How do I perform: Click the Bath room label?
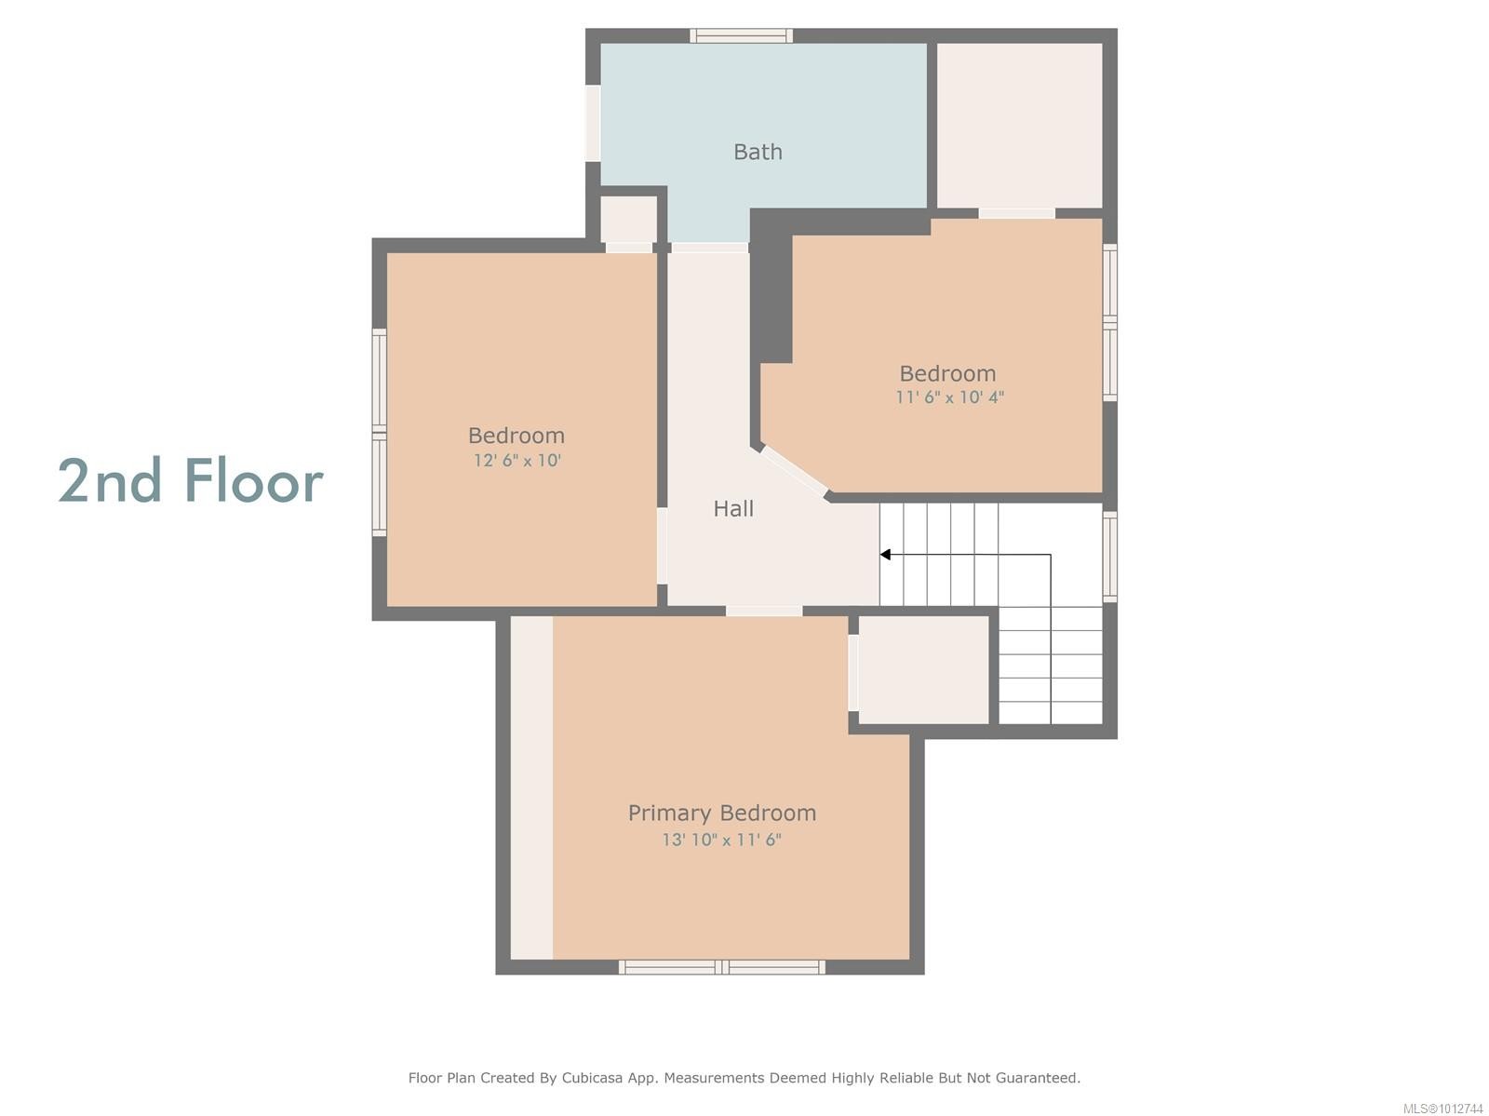758,152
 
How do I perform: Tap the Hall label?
733,508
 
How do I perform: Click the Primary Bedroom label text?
721,813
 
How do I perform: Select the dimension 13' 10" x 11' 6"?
721,840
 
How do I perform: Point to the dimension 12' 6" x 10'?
516,460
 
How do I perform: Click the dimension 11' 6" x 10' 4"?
949,397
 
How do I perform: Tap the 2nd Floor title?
191,481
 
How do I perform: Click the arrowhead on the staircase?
886,555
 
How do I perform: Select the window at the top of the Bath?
741,35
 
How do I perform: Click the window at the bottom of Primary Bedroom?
721,968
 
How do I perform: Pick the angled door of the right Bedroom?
794,473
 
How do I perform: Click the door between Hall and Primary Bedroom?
763,612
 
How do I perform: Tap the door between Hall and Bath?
709,248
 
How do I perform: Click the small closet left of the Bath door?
628,220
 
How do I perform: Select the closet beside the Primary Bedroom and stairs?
922,669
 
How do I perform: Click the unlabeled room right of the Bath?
1019,125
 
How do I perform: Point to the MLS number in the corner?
1442,1108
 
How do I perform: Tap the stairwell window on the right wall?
1109,555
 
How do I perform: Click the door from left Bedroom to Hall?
662,545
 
